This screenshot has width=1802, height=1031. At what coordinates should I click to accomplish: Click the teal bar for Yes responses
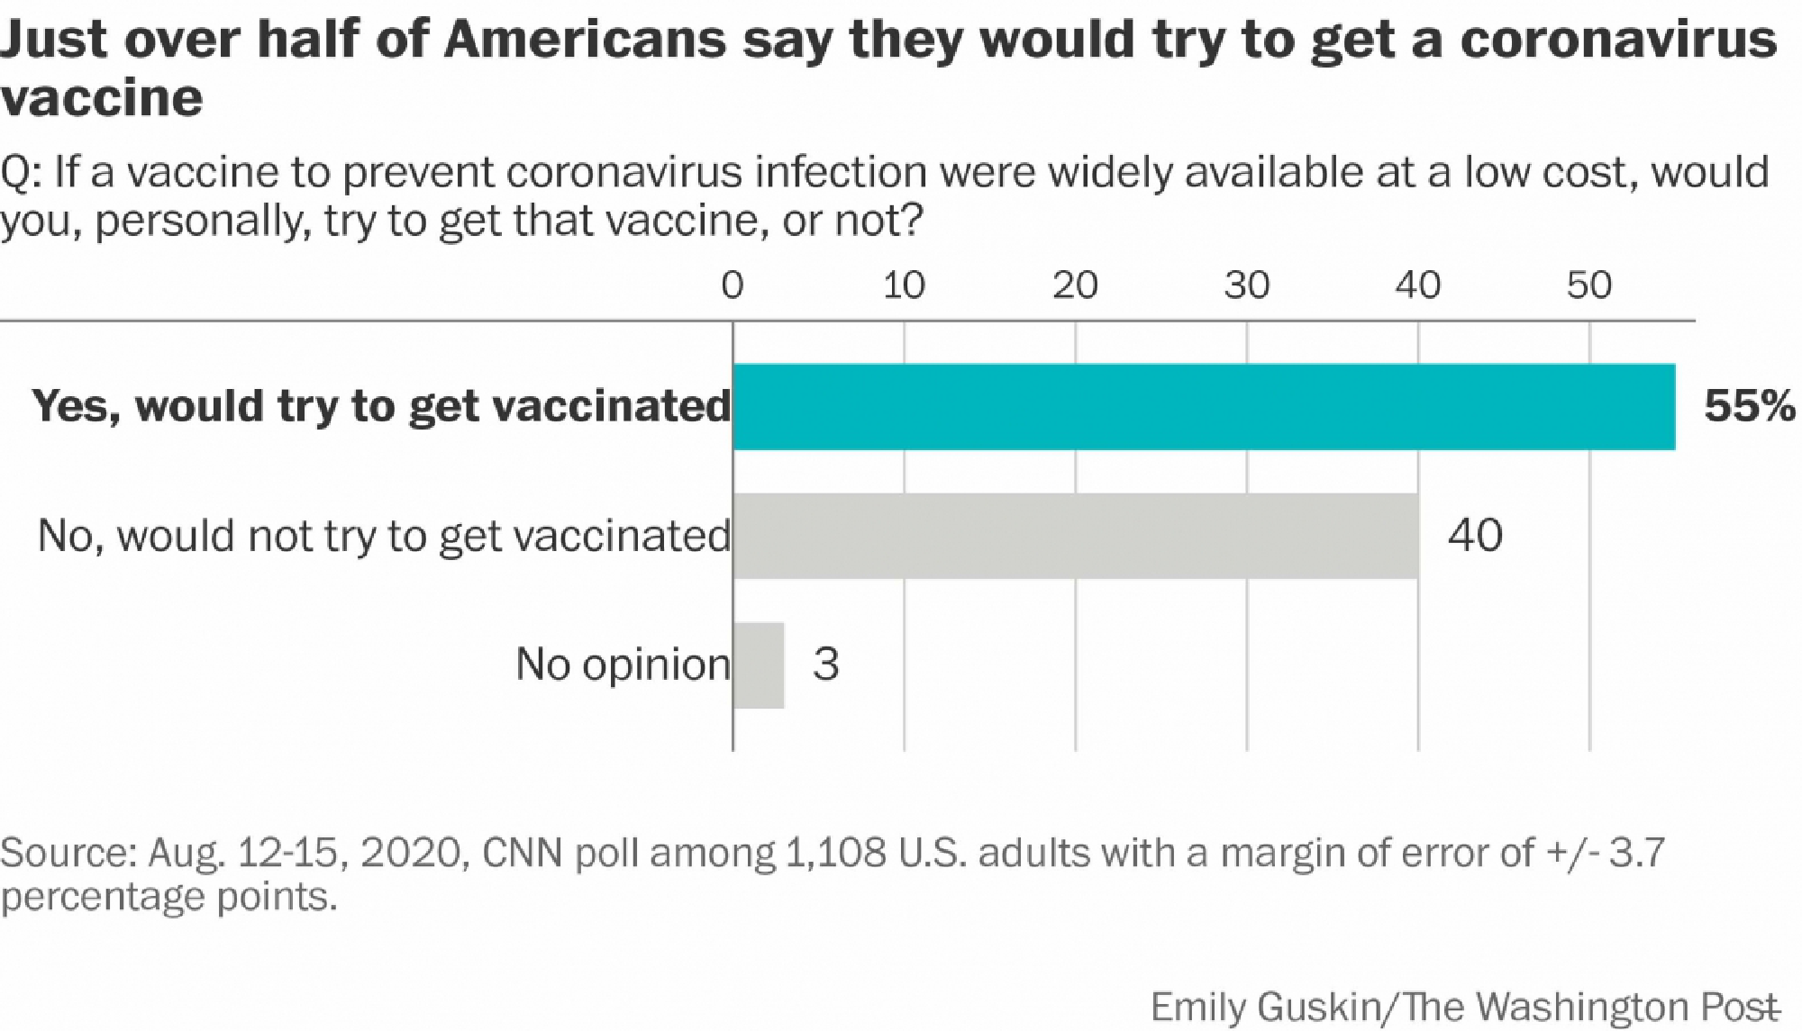pyautogui.click(x=1204, y=406)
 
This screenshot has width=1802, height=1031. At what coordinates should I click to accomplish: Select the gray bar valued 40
pyautogui.click(x=1076, y=535)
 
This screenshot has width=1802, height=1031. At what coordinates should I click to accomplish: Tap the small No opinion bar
pyautogui.click(x=759, y=665)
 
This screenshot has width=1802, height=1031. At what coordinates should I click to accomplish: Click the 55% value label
pyautogui.click(x=1749, y=406)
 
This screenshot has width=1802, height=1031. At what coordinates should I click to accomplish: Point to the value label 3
pyautogui.click(x=825, y=665)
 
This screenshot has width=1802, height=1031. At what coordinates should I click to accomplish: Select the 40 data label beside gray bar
pyautogui.click(x=1475, y=535)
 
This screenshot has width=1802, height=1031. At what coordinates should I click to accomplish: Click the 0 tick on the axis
pyautogui.click(x=733, y=285)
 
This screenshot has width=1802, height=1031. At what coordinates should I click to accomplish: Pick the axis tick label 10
pyautogui.click(x=904, y=285)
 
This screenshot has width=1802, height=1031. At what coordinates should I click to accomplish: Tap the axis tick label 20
pyautogui.click(x=1075, y=285)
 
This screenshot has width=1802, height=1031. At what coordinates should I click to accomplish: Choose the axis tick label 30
pyautogui.click(x=1247, y=285)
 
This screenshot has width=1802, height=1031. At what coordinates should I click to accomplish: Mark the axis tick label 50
pyautogui.click(x=1589, y=285)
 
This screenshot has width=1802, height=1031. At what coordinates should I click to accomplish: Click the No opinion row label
pyautogui.click(x=623, y=665)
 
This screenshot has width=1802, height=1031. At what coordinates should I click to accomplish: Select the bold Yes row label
pyautogui.click(x=381, y=406)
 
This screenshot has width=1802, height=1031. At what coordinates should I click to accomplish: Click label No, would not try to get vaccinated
pyautogui.click(x=384, y=535)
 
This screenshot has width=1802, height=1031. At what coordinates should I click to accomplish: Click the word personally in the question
pyautogui.click(x=200, y=221)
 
